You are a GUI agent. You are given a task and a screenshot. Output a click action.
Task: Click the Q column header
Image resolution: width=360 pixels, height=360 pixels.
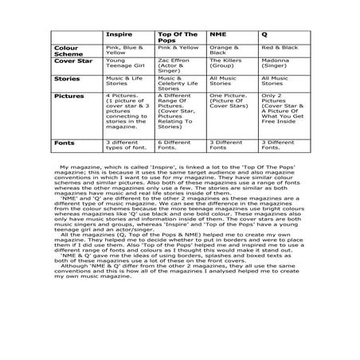(265, 36)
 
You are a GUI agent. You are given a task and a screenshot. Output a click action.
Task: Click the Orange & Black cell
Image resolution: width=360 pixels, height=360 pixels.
(221, 49)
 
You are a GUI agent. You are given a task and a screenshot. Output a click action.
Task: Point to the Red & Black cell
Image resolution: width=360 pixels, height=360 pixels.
(279, 48)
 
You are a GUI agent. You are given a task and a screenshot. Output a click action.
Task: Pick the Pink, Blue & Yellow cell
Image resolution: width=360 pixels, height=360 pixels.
(124, 49)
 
